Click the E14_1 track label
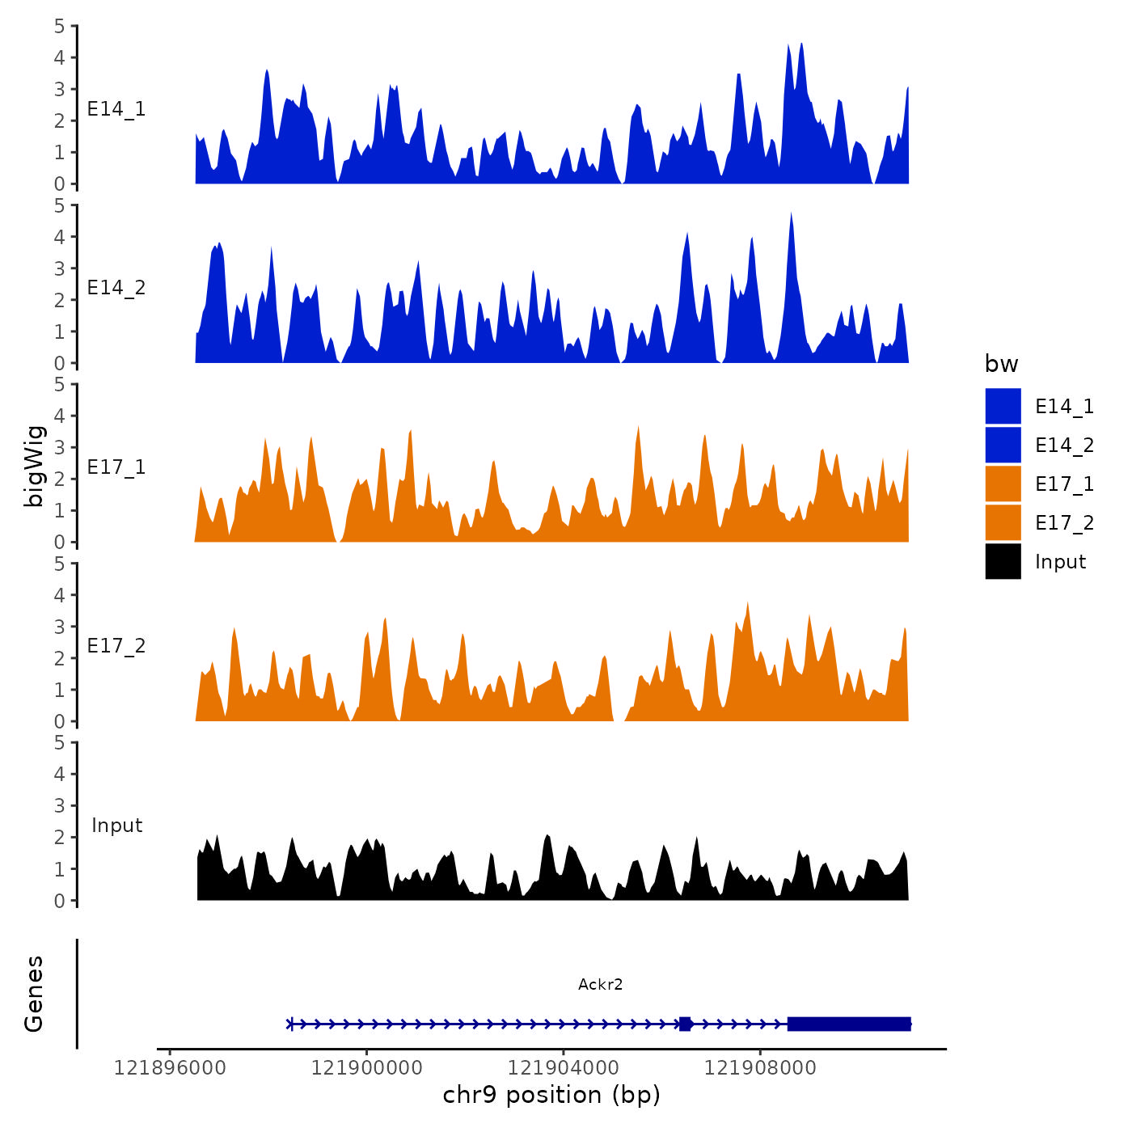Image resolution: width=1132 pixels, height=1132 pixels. pos(116,109)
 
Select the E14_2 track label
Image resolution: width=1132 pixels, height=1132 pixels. pos(116,288)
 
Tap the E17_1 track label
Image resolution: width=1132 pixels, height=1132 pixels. pos(116,467)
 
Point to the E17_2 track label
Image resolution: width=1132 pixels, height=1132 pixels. pos(116,646)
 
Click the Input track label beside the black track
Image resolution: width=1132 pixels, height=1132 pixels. pos(116,826)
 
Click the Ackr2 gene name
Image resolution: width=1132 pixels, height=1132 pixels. pos(600,984)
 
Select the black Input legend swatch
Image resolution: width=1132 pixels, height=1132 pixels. pos(1003,561)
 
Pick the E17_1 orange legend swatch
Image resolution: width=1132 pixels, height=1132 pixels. pos(1003,484)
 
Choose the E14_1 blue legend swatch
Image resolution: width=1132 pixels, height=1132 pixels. pos(1003,406)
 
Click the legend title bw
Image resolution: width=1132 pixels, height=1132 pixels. pos(1001,364)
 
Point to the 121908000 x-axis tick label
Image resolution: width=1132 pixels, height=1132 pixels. pos(760,1068)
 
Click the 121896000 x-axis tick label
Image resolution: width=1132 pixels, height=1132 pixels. pos(170,1068)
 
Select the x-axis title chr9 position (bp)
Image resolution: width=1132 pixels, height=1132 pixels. pos(551,1095)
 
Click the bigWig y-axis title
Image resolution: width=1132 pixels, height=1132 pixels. pos(34,466)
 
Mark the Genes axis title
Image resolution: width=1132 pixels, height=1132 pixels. pos(34,994)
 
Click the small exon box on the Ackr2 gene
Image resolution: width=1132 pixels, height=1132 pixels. pos(685,1024)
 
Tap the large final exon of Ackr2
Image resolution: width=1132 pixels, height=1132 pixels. pos(849,1024)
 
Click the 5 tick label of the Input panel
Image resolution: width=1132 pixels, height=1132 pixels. pos(60,742)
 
